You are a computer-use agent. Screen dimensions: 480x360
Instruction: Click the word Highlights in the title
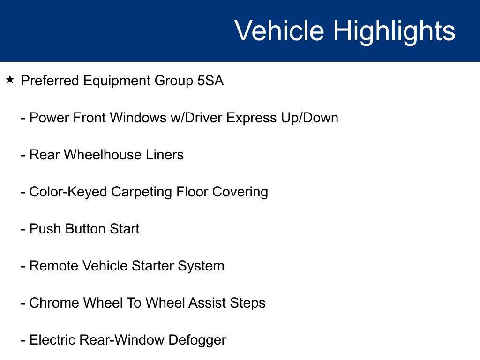pyautogui.click(x=394, y=32)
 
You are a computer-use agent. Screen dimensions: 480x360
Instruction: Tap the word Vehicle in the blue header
pyautogui.click(x=279, y=30)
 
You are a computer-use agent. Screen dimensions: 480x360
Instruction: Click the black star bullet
pyautogui.click(x=10, y=80)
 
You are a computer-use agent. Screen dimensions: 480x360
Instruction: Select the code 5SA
pyautogui.click(x=210, y=81)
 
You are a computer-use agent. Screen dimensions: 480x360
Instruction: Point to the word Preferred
pyautogui.click(x=50, y=81)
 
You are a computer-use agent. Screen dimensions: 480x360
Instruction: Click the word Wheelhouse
pyautogui.click(x=102, y=155)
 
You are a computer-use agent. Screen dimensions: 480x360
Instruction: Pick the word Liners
pyautogui.click(x=165, y=155)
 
